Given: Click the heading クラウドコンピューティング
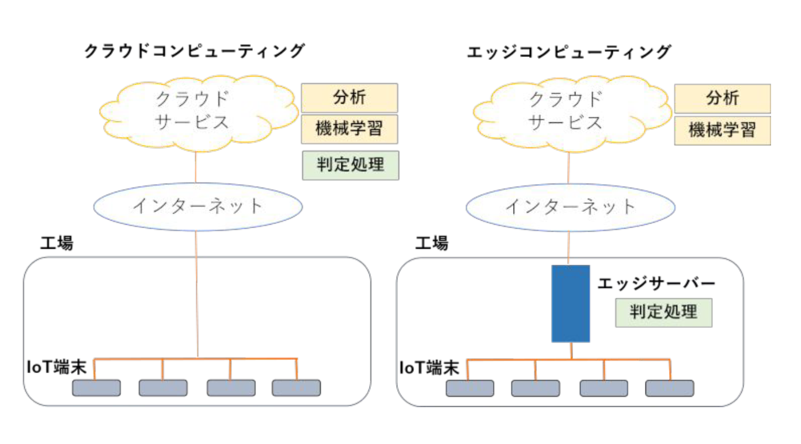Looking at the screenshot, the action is [195, 51].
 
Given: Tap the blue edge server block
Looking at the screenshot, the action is [570, 303].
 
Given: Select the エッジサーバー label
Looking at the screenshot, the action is [656, 283].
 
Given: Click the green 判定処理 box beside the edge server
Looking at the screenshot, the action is [664, 313].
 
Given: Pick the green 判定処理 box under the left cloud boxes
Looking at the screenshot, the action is [351, 165].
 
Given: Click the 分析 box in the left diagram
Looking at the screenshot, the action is [350, 97].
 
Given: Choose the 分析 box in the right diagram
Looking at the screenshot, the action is [722, 98].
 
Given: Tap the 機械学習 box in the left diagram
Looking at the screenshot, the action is [350, 129].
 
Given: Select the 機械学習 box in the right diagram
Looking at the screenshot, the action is [722, 130].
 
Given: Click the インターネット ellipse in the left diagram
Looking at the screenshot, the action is [198, 207].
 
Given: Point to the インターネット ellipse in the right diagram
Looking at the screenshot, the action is [570, 207].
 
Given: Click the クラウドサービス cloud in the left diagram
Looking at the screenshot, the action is [199, 113].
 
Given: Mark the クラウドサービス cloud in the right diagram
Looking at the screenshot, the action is [572, 113].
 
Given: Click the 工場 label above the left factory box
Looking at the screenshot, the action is [56, 243].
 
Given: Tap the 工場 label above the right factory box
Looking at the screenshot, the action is [431, 243].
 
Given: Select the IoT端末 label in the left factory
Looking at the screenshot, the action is [56, 367].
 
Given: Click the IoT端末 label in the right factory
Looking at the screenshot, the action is [429, 368].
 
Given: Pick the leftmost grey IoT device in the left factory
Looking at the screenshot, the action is [96, 388].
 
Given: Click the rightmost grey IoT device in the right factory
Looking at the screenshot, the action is [669, 389].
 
